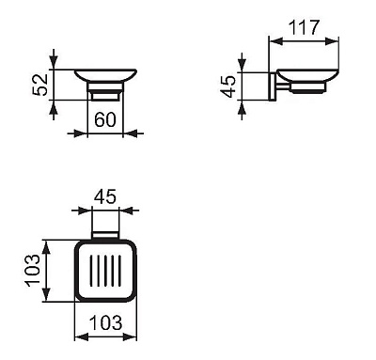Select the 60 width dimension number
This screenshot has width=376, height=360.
click(105, 119)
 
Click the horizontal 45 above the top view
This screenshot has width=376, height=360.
click(105, 198)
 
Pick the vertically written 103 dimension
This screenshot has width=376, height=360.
click(32, 271)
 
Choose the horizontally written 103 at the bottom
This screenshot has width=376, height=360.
click(105, 322)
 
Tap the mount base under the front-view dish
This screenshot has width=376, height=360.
click(105, 93)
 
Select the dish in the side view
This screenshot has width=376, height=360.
click(305, 79)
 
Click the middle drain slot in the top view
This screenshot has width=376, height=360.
click(105, 270)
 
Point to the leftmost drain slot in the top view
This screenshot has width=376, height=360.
click(93, 270)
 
